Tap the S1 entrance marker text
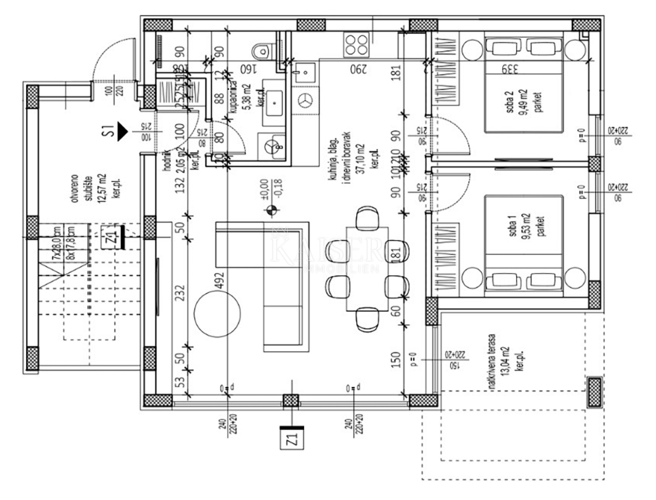(x=107, y=130)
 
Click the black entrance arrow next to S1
(x=122, y=130)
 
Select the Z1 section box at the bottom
(x=291, y=441)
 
